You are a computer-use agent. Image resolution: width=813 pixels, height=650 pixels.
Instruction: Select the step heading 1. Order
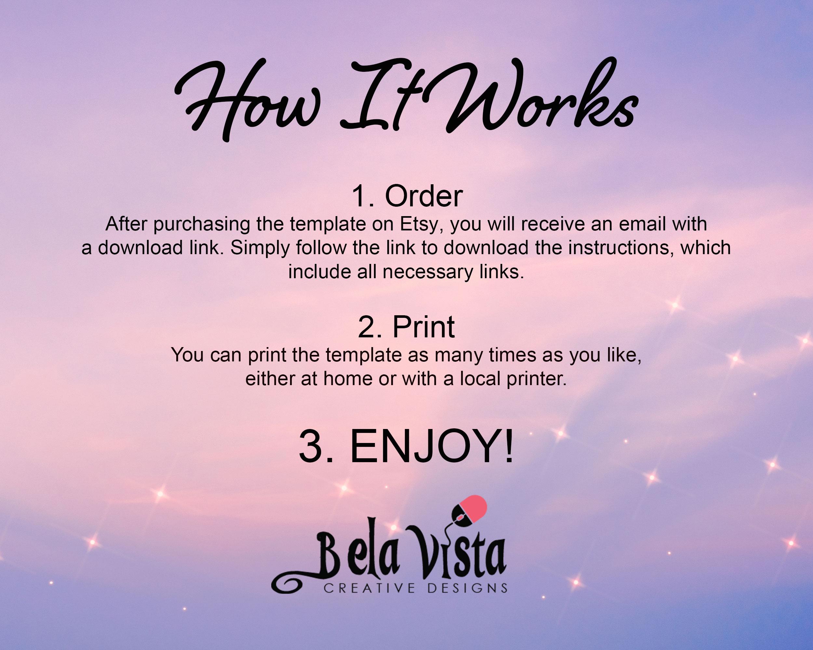(407, 196)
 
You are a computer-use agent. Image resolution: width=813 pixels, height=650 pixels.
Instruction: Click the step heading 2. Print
(406, 327)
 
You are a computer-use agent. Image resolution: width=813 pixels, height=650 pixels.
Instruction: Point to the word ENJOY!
(432, 448)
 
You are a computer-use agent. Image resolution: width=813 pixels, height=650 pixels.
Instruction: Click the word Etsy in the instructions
(422, 225)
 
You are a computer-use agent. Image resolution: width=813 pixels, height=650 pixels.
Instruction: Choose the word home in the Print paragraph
(348, 379)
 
